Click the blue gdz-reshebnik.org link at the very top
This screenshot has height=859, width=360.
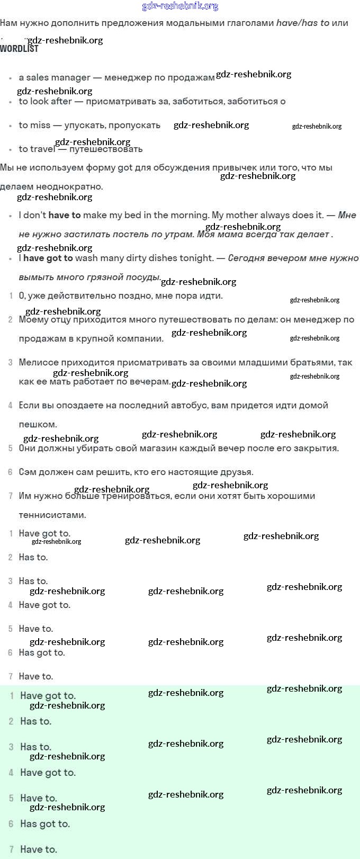180,6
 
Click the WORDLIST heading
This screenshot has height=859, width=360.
20,49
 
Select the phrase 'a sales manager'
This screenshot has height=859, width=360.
55,77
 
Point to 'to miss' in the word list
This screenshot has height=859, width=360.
34,125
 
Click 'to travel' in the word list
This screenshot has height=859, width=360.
37,149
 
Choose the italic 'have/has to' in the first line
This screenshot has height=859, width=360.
303,23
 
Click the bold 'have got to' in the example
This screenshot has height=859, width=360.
48,258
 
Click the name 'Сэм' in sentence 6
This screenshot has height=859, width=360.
28,472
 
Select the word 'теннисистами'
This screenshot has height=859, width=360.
52,515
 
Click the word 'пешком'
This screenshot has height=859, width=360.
38,424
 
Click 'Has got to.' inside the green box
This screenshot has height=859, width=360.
45,824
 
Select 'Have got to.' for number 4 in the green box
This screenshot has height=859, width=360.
48,773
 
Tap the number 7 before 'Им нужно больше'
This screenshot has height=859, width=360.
11,496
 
